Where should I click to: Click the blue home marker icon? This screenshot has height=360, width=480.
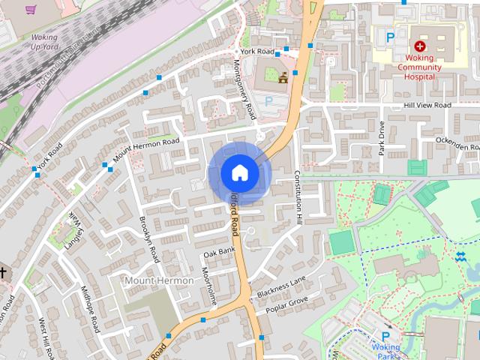(x=239, y=172)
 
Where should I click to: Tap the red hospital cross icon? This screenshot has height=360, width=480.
(x=419, y=46)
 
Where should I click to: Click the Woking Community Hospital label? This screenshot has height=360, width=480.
(x=419, y=67)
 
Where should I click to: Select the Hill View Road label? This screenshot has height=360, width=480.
(x=427, y=106)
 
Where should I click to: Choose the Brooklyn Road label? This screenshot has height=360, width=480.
(x=150, y=238)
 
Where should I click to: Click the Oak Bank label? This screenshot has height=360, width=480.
(x=219, y=251)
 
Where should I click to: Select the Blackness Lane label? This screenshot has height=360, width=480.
(x=281, y=285)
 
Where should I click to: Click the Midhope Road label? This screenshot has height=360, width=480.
(x=90, y=310)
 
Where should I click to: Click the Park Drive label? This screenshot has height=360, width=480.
(x=381, y=137)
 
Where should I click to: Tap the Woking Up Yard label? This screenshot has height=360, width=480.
(x=44, y=41)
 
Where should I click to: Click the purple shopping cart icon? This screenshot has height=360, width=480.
(x=31, y=10)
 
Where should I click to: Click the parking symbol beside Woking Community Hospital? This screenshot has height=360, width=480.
(x=389, y=35)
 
